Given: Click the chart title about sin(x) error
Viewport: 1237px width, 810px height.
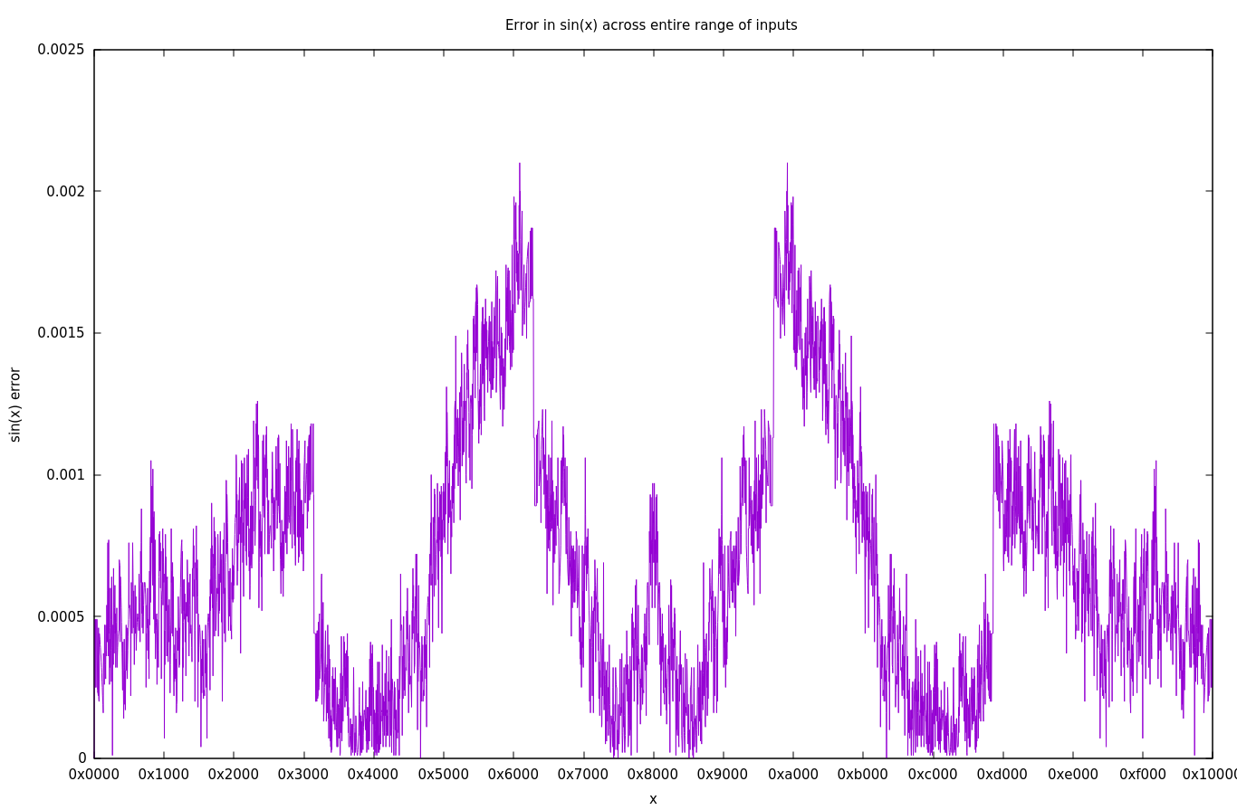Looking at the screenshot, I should (651, 25).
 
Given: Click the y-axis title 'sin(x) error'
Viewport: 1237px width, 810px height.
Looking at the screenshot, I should (14, 404).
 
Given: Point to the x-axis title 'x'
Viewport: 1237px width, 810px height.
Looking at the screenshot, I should (653, 799).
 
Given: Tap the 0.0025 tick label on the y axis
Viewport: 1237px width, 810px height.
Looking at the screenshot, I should (61, 50).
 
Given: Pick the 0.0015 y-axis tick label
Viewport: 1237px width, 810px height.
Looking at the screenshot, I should (61, 333).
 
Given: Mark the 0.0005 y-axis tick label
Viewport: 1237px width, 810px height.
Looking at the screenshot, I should (61, 616).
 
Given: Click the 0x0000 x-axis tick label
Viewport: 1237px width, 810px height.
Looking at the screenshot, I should (94, 775).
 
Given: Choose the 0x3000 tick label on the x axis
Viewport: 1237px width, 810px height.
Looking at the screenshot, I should (303, 775).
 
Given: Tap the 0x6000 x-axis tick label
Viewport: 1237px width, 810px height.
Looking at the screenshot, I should (513, 775).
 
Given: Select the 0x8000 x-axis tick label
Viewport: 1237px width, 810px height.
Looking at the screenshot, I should (653, 775).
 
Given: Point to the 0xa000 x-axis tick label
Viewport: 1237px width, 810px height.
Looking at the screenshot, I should (793, 775).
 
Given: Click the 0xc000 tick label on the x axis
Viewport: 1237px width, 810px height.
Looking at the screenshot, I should (933, 775).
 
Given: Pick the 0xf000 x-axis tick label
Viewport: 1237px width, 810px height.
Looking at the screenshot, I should (1143, 775).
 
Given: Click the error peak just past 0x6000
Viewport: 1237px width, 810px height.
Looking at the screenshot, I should (520, 165).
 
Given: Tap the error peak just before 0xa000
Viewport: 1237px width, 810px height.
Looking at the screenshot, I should (787, 165).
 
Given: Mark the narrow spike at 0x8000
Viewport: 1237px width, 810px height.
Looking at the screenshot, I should (653, 485).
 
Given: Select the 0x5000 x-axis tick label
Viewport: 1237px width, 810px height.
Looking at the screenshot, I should (444, 775).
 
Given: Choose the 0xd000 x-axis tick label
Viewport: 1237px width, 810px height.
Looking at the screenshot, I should (1002, 775).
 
